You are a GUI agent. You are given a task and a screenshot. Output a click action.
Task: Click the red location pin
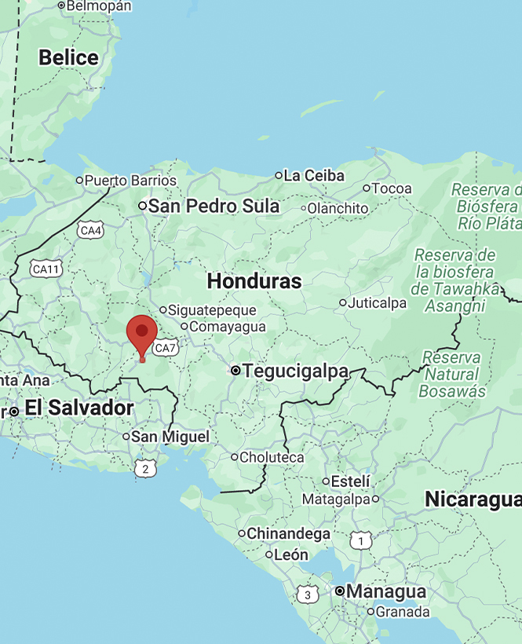(x=142, y=333)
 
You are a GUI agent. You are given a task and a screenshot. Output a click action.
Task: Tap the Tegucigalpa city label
(x=295, y=371)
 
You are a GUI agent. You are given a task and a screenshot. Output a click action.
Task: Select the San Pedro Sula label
(x=214, y=207)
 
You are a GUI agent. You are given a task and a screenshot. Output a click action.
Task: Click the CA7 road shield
(x=165, y=348)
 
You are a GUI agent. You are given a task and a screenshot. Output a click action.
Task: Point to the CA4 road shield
(x=90, y=230)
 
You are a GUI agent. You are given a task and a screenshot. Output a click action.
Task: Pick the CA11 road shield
(x=46, y=269)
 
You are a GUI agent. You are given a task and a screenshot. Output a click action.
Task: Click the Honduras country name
(x=254, y=281)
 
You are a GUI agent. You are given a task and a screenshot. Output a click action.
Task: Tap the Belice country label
(x=68, y=58)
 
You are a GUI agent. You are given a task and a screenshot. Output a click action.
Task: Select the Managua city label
(x=386, y=591)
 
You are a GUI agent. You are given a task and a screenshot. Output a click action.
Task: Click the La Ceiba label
(x=314, y=176)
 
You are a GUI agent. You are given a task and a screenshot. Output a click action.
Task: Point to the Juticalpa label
(x=378, y=302)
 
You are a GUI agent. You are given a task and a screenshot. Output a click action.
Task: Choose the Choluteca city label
(x=272, y=457)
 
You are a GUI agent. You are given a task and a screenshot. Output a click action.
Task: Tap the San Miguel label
(x=170, y=437)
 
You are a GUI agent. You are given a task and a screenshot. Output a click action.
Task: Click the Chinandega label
(x=288, y=534)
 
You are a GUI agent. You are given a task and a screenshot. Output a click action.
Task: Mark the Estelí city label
(x=351, y=481)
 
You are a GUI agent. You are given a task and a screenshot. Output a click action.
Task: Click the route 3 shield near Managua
(x=308, y=595)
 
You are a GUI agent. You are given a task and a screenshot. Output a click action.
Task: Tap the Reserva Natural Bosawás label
(x=451, y=374)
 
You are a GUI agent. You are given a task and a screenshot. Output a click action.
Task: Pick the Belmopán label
(x=99, y=5)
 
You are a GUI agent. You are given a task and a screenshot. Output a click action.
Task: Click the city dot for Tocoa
(x=367, y=188)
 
